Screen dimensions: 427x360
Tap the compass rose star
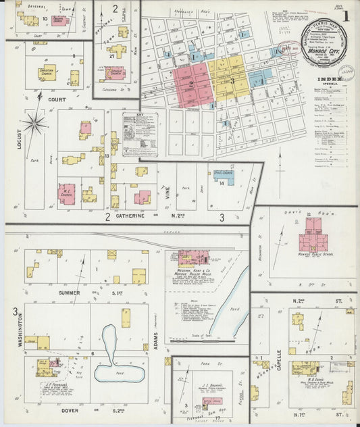tap(33, 123)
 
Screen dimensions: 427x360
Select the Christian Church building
tap(47, 72)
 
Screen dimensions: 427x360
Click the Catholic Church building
tap(115, 73)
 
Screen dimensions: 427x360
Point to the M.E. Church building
tap(67, 194)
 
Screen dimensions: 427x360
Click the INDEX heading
tap(329, 79)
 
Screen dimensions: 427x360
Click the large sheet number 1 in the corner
tap(345, 14)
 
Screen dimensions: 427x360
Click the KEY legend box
tap(140, 134)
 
